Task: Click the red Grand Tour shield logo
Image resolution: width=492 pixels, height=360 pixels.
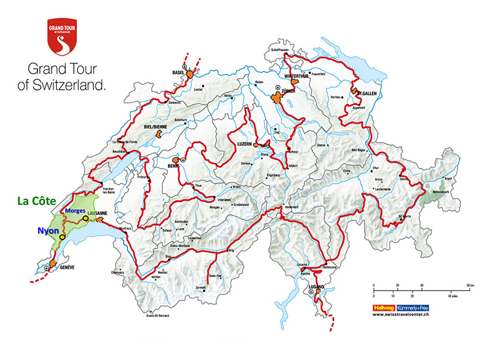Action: tap(65, 36)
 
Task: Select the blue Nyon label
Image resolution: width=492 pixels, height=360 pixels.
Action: tap(41, 231)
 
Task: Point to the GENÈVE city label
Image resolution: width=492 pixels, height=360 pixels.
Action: tap(66, 268)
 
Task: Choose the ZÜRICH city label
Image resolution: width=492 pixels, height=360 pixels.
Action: tap(289, 91)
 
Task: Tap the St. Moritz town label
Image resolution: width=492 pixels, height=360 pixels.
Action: tap(404, 217)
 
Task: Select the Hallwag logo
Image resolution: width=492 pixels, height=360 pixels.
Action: tap(384, 306)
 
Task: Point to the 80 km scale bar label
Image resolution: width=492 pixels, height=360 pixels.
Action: tap(470, 285)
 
